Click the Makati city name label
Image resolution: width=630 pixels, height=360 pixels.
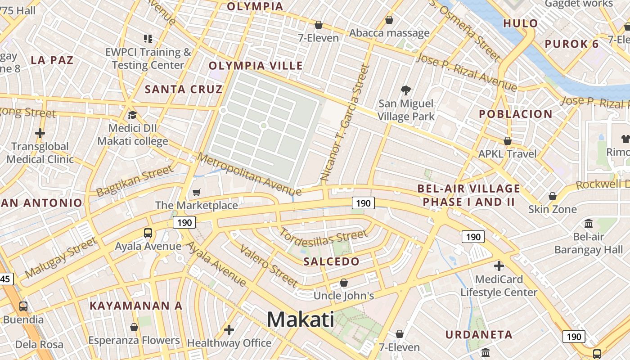click(x=301, y=319)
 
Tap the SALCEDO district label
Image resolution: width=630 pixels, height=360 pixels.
click(x=332, y=261)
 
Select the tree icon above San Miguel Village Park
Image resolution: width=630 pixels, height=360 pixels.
click(x=406, y=90)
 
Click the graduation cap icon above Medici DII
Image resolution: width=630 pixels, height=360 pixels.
click(x=132, y=115)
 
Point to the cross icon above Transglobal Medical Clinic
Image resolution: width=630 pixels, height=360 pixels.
click(x=40, y=133)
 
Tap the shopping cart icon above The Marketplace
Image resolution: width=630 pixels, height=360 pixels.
click(x=196, y=193)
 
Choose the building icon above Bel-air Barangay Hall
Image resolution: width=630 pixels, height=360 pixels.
click(x=589, y=223)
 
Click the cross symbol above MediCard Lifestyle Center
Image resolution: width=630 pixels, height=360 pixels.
click(x=499, y=266)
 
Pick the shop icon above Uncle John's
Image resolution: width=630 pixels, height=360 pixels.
click(x=344, y=283)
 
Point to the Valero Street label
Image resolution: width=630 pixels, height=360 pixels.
click(x=269, y=266)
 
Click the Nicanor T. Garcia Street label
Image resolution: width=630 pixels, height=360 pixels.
click(x=345, y=123)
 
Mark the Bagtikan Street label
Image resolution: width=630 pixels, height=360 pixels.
click(x=135, y=181)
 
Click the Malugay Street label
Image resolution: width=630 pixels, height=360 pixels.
click(x=61, y=258)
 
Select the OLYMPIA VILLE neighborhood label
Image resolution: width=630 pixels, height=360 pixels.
click(x=256, y=66)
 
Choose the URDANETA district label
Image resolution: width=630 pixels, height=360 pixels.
click(x=479, y=334)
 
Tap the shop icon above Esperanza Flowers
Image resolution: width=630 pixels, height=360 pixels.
click(x=134, y=327)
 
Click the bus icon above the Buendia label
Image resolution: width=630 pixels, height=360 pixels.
click(x=23, y=306)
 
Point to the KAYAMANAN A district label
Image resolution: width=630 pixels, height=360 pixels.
click(x=136, y=306)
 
